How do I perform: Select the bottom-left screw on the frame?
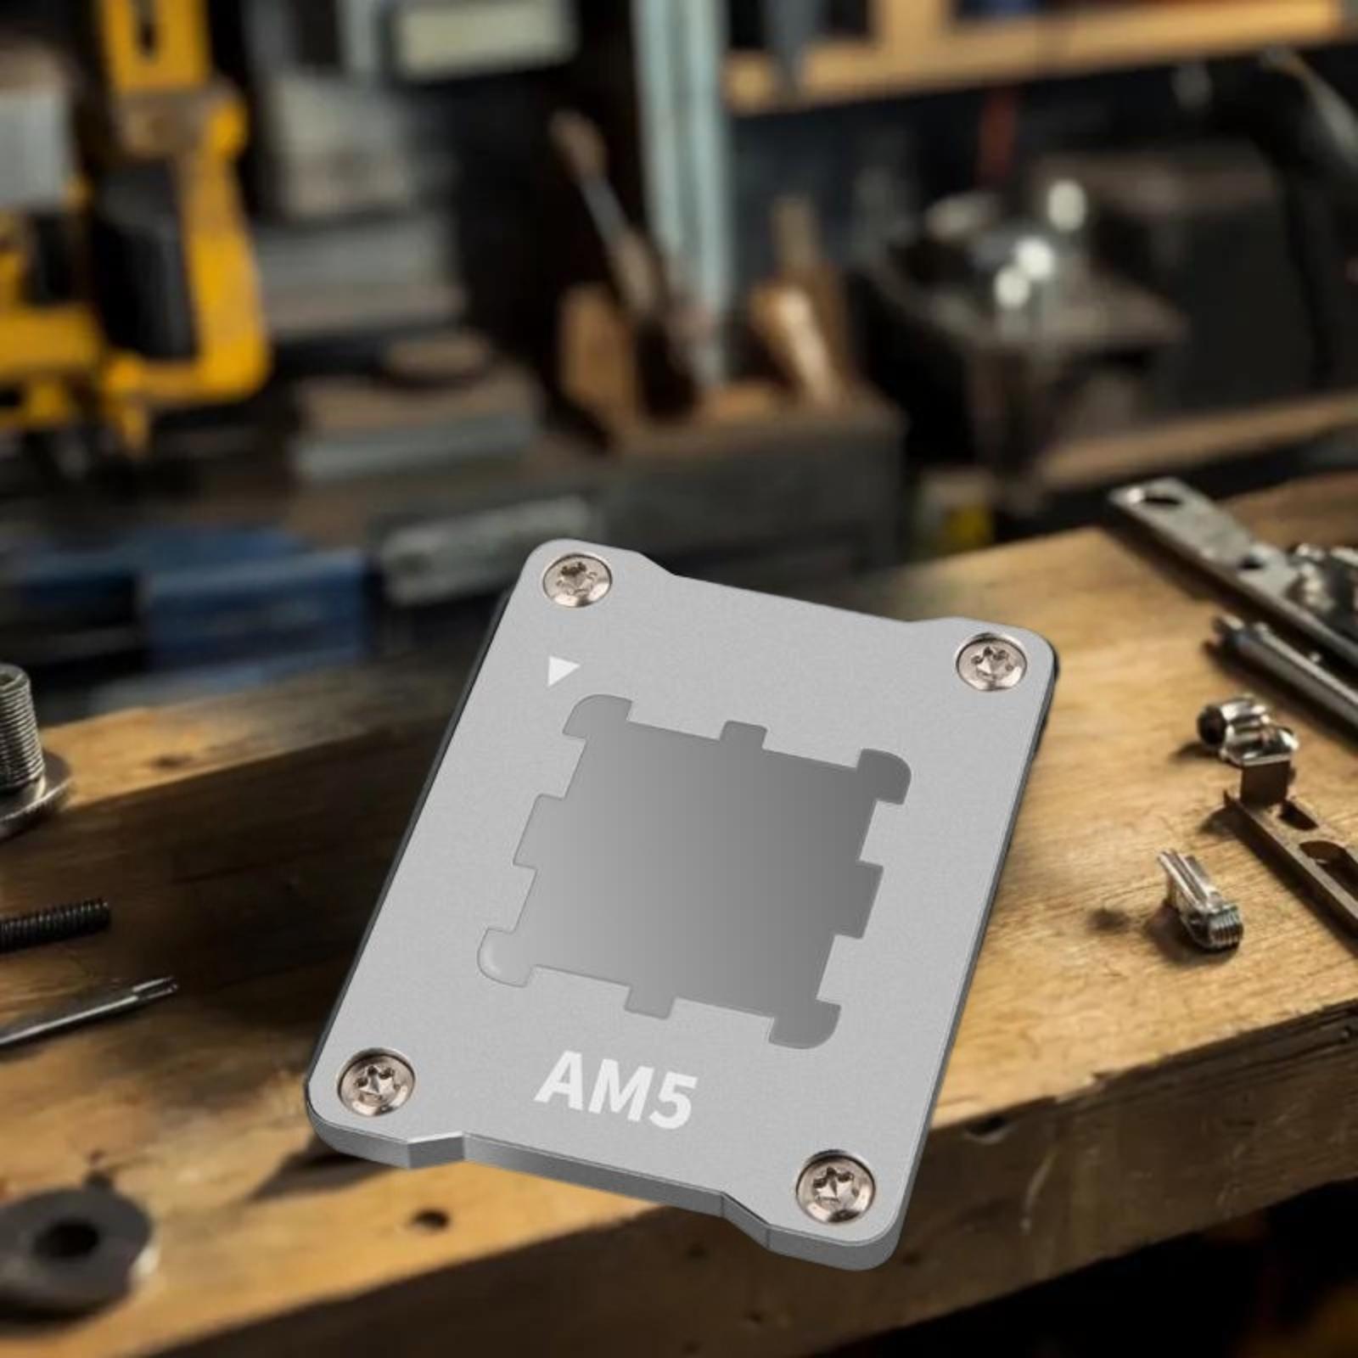376,1081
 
